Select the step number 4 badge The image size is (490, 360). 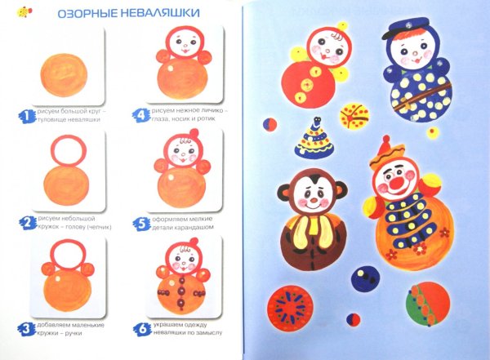point(140,116)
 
